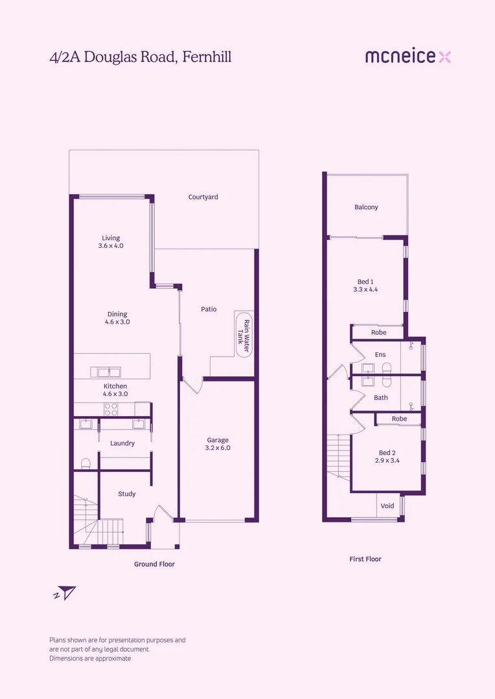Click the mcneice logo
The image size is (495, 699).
[x=408, y=56]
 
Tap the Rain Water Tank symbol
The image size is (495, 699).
[x=244, y=334]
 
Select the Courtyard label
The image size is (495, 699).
[x=203, y=197]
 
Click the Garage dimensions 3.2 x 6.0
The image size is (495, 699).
[x=218, y=448]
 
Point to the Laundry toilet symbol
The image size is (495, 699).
[x=85, y=463]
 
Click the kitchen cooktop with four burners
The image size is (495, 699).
[x=111, y=409]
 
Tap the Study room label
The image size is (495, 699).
[x=127, y=494]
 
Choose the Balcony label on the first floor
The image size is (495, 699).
[x=366, y=207]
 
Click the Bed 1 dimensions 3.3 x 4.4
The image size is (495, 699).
[x=365, y=290]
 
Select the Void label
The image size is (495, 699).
[x=387, y=506]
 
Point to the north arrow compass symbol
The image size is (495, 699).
[x=65, y=592]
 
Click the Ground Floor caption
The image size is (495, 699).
[x=154, y=564]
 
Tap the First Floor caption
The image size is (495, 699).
[x=365, y=559]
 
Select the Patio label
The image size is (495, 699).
[x=209, y=309]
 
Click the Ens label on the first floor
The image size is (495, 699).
[x=380, y=355]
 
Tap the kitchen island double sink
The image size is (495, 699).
[x=106, y=372]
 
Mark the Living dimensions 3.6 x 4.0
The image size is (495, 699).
[x=111, y=246]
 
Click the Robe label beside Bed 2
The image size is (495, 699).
[x=399, y=419]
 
